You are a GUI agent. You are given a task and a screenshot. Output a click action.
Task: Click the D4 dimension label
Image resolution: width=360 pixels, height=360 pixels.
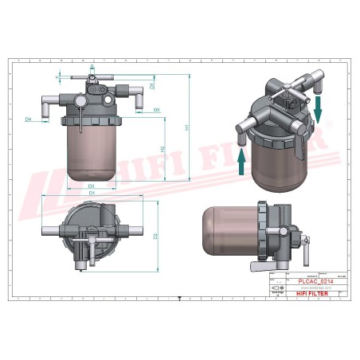[x=28, y=119]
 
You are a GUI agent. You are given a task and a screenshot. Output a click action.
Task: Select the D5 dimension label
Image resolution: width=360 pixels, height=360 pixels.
[x=157, y=109]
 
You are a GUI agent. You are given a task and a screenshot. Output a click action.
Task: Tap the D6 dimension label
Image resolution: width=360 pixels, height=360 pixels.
[x=152, y=85]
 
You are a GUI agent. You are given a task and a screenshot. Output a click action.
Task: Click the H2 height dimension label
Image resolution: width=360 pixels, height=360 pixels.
[x=162, y=149]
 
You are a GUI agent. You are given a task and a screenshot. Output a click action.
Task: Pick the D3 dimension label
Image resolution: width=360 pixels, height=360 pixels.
[x=92, y=186]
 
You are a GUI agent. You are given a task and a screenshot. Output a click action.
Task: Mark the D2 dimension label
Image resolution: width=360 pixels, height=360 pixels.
[x=155, y=236]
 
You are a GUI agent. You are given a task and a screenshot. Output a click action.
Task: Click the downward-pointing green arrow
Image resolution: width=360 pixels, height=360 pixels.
[x=319, y=109]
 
